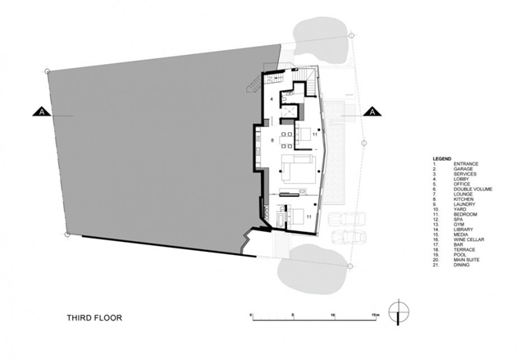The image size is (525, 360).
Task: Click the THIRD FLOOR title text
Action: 95,314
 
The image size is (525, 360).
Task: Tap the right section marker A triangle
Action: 370,113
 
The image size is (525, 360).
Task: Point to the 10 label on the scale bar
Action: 333,313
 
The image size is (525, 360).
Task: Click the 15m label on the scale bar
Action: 374,313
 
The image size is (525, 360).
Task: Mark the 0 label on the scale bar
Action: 252,313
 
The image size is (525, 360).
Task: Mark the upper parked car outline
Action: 346,220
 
